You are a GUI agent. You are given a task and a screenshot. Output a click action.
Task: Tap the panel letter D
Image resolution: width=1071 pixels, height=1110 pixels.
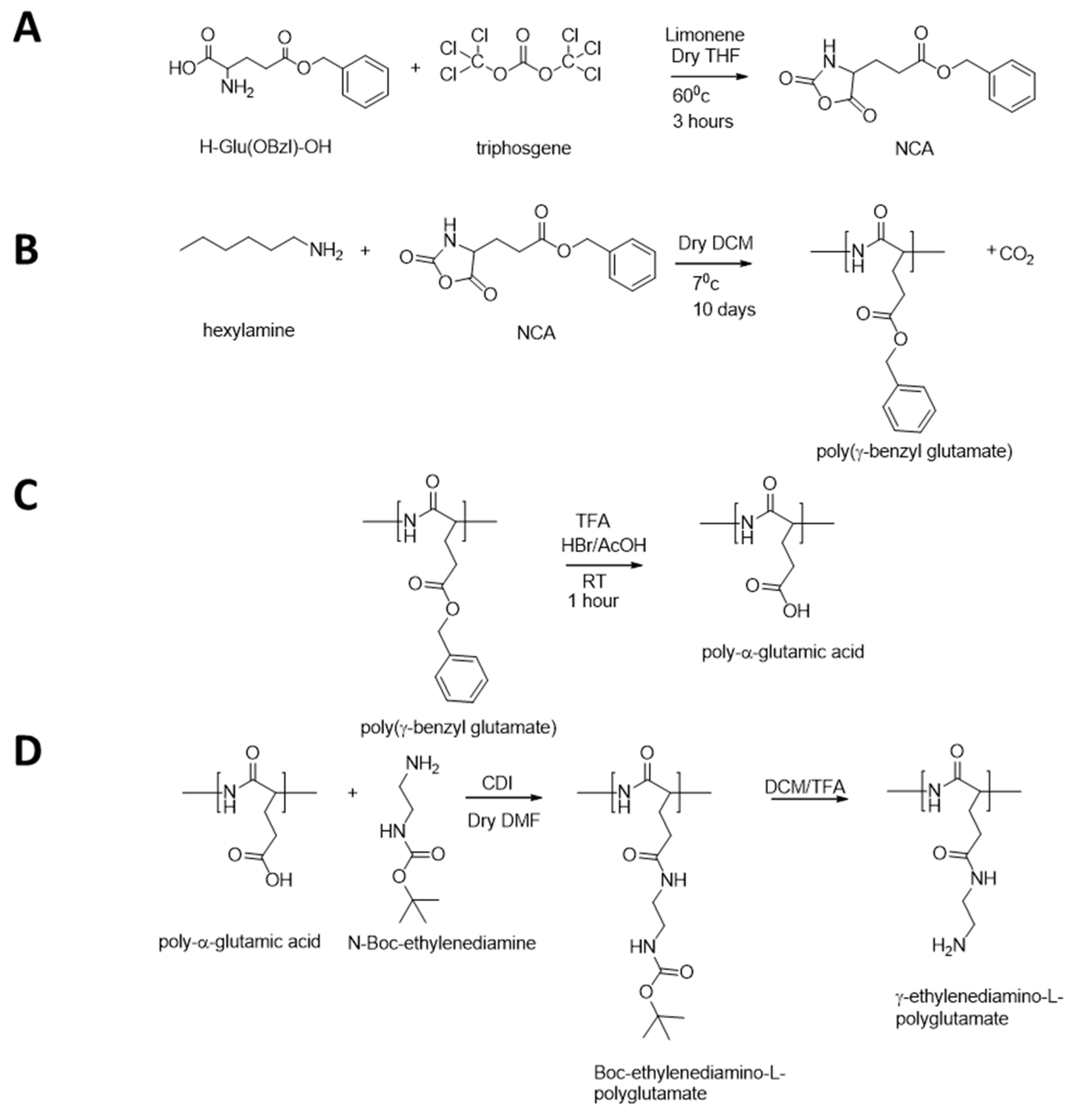(x=27, y=751)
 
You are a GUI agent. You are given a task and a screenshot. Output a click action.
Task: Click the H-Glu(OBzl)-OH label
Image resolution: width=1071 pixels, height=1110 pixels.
(x=265, y=147)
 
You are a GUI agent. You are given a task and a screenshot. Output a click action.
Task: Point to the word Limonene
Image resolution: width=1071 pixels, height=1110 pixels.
(x=705, y=35)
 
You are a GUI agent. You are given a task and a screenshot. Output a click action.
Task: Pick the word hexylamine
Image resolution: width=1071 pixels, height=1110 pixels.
(x=249, y=330)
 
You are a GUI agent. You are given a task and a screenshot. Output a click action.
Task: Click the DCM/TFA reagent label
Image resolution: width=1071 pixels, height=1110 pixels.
(x=804, y=787)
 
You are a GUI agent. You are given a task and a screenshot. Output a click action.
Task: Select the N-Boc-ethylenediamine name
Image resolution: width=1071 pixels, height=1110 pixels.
(x=442, y=943)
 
